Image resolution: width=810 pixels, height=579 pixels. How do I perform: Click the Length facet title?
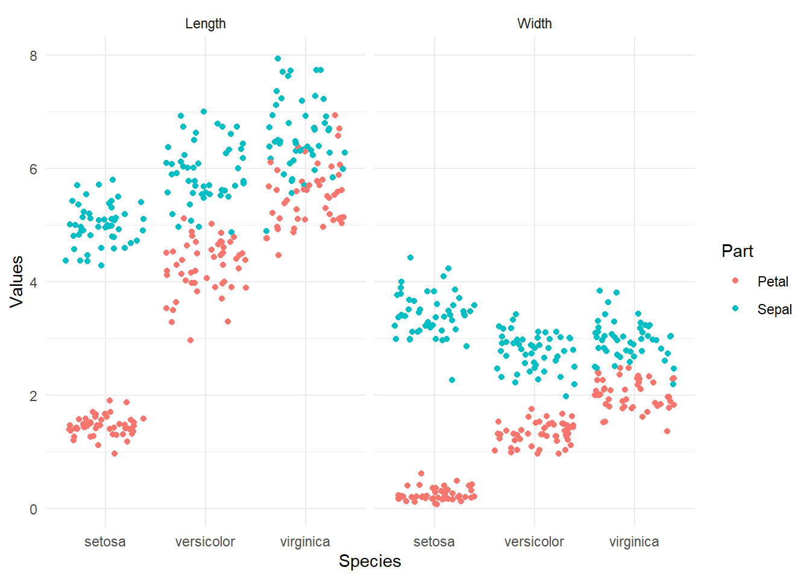(x=206, y=24)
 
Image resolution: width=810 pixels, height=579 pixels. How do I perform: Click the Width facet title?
(x=535, y=24)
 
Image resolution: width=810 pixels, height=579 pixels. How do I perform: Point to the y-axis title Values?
(x=17, y=282)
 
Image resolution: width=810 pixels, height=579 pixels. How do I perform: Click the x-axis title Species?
(x=370, y=561)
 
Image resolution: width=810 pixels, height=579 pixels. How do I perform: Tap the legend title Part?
(x=737, y=251)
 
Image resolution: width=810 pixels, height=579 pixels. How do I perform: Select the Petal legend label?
(x=773, y=282)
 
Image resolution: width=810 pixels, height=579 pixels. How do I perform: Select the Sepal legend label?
(x=774, y=309)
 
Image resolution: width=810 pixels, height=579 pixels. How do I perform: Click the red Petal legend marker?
(x=735, y=281)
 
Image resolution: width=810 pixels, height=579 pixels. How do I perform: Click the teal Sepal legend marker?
(x=735, y=309)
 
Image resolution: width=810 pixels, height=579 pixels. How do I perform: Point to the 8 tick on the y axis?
(x=33, y=55)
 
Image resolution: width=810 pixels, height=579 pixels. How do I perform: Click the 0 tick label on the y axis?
(x=33, y=509)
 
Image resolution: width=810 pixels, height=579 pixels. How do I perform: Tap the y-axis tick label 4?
(x=33, y=282)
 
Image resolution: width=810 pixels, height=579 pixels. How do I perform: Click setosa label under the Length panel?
(x=105, y=542)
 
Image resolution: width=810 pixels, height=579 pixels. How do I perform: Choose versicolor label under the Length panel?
(x=206, y=542)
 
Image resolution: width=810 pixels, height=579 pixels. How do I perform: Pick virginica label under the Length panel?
(x=305, y=542)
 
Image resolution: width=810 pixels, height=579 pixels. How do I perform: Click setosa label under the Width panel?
(x=435, y=542)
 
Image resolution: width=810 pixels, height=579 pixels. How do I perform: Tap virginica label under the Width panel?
(x=634, y=542)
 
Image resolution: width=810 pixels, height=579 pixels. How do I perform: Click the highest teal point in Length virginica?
(x=278, y=59)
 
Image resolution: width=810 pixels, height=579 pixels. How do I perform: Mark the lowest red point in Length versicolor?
(x=190, y=340)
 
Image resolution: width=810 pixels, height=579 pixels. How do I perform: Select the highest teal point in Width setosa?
(x=410, y=258)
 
